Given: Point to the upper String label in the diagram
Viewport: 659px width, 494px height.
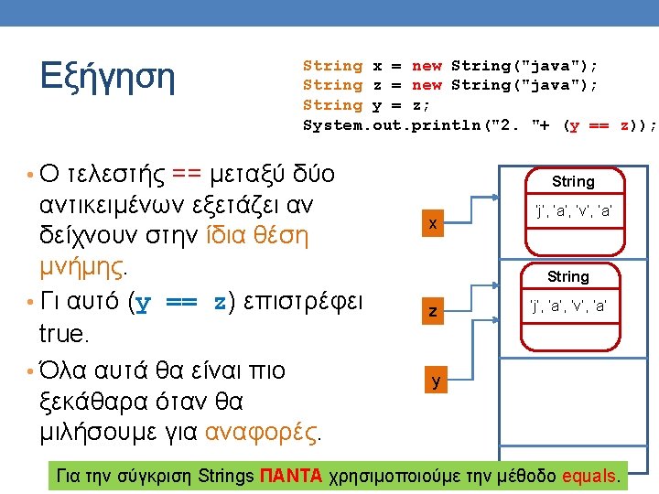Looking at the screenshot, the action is point(573,182).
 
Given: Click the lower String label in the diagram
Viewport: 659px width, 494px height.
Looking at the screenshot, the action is point(568,276).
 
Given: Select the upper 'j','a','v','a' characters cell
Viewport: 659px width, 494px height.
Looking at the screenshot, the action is point(573,212).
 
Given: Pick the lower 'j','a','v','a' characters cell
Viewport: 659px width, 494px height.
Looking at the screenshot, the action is point(568,306).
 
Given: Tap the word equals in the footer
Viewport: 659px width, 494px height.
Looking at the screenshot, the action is point(590,476).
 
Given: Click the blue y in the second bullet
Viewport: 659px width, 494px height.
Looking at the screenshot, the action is point(141,302).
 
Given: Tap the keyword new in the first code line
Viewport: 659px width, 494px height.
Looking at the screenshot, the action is point(427,66).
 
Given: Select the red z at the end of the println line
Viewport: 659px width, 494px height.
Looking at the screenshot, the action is point(623,125).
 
